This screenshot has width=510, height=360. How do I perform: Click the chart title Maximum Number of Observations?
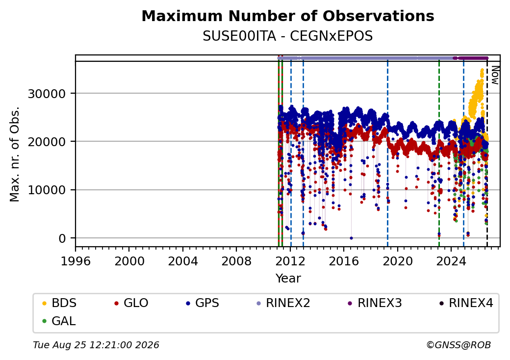tap(288, 16)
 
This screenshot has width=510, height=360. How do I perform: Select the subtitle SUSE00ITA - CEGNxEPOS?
tap(288, 36)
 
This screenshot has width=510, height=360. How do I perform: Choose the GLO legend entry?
tap(131, 303)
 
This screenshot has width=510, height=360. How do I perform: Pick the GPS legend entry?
tap(203, 303)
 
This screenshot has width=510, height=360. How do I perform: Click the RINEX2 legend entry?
tap(283, 303)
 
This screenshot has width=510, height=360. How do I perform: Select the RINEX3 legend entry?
tap(375, 303)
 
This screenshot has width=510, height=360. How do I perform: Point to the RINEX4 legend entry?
tap(466, 303)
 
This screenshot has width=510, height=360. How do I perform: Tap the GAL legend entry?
tap(59, 321)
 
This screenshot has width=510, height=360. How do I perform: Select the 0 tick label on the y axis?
tap(62, 239)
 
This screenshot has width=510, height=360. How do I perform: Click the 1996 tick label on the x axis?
tap(76, 261)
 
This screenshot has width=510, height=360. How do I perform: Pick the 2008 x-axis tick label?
tap(236, 261)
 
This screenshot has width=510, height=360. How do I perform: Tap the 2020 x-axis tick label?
tap(397, 261)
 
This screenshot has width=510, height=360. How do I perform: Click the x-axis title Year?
tap(288, 279)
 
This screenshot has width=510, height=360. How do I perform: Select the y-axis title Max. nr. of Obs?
tap(15, 154)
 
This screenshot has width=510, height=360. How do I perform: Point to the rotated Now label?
tap(495, 75)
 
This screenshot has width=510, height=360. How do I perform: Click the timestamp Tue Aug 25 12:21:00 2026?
tap(96, 345)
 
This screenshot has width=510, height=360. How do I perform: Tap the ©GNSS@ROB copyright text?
tap(459, 345)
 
